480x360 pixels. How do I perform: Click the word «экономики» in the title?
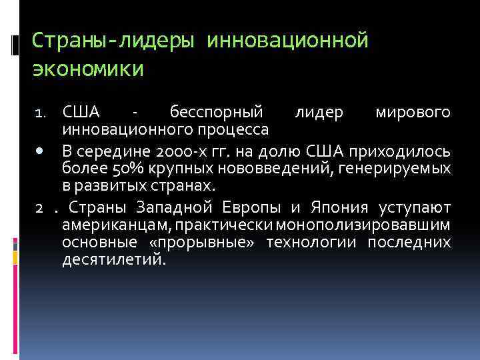(87, 68)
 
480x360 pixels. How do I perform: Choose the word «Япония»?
(336, 205)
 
